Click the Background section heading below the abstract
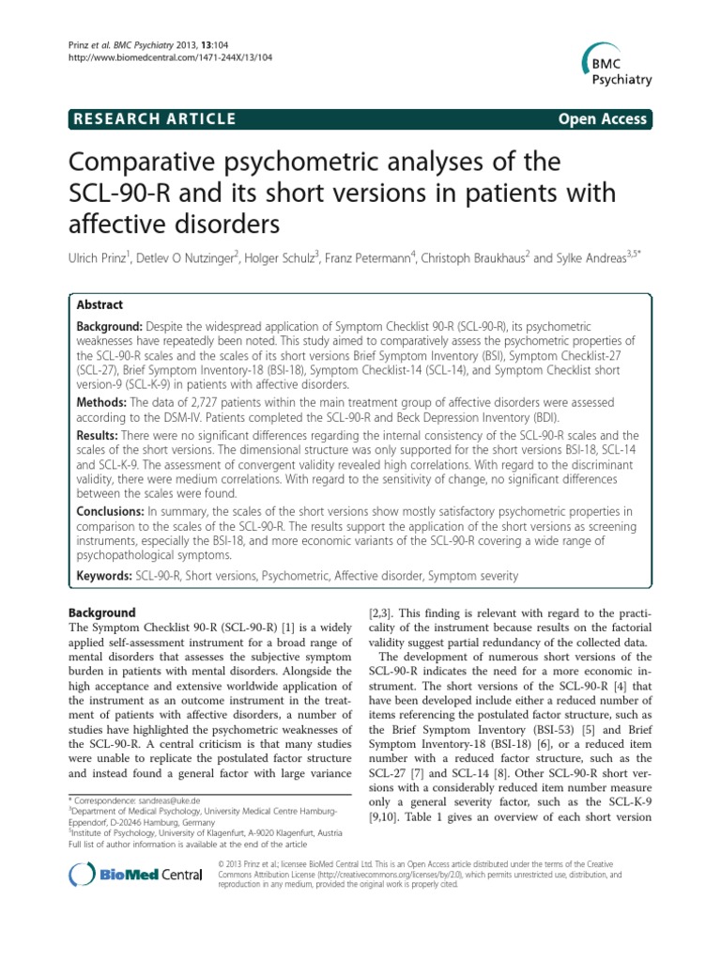point(104,613)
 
